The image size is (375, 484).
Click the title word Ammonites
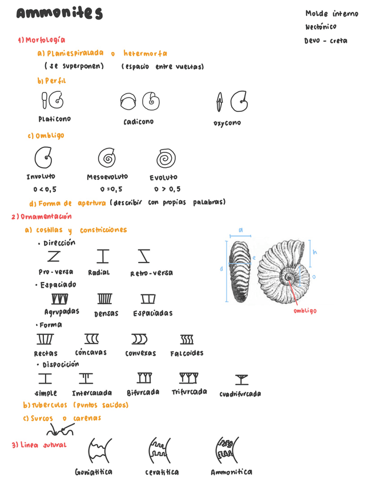59,14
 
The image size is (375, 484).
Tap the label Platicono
55,119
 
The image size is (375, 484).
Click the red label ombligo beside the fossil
305,310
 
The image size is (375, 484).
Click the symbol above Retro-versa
144,256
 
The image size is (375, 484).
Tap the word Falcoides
187,353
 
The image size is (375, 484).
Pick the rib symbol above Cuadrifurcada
241,379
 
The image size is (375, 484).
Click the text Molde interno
332,14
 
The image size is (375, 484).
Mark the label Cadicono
138,122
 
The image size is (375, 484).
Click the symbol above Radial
103,256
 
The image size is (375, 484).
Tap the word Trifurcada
189,392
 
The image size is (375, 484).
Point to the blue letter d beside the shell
221,268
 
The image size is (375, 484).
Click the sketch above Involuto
43,158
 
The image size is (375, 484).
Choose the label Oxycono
227,123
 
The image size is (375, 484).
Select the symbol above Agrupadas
60,299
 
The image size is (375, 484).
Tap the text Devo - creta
326,41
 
